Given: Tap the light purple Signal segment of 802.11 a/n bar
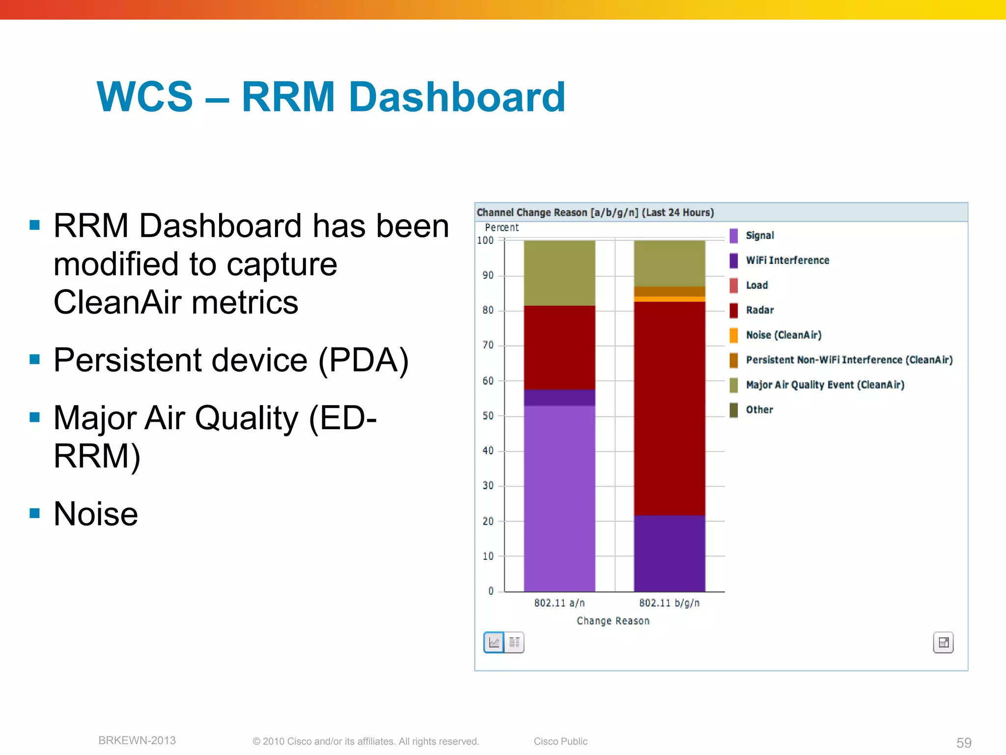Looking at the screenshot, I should click(x=559, y=497).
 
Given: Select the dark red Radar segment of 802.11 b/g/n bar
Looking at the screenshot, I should click(x=669, y=408).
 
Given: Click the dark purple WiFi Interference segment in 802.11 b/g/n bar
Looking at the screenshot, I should click(x=669, y=553).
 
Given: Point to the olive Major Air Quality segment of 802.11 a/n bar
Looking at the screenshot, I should click(x=559, y=273).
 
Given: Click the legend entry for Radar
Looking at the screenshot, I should click(x=759, y=310).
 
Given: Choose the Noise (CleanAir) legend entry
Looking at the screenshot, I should click(x=783, y=335).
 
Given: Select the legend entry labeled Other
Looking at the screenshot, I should click(x=759, y=410).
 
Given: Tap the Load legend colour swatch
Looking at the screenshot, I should click(x=733, y=285).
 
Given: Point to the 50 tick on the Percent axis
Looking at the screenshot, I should click(x=488, y=416).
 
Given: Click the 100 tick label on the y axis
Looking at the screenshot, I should click(x=485, y=240).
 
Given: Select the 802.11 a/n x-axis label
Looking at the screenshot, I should click(x=559, y=603).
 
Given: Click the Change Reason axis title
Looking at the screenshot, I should click(x=613, y=621).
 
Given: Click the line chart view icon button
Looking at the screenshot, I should click(x=494, y=642).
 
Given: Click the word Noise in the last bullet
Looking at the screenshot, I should click(x=96, y=514).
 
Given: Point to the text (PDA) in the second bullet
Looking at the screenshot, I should click(x=363, y=360).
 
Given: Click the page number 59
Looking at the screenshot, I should click(x=963, y=742).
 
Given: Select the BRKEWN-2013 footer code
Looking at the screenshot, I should click(x=137, y=740).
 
